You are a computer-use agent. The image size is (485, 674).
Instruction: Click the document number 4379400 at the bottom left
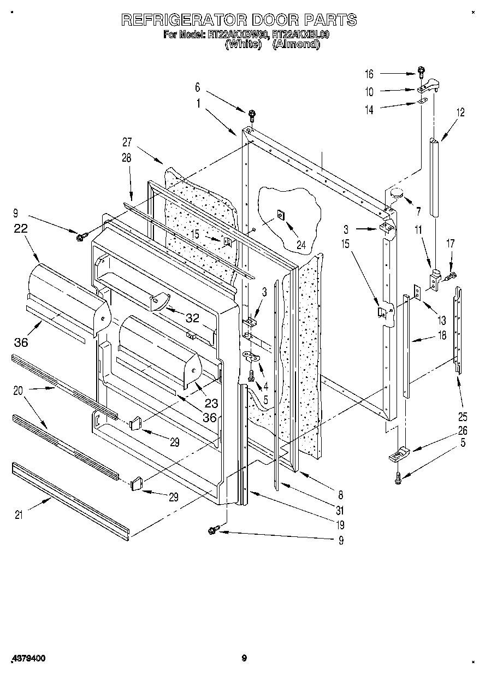[x=27, y=659]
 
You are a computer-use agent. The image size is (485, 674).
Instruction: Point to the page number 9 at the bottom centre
[x=244, y=658]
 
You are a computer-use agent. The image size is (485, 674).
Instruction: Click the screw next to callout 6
[x=252, y=115]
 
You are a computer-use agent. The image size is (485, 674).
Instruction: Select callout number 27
[x=127, y=143]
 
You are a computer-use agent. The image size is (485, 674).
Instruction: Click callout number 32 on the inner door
[x=192, y=318]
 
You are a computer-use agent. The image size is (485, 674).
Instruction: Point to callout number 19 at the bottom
[x=340, y=525]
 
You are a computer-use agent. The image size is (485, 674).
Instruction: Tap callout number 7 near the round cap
[x=418, y=211]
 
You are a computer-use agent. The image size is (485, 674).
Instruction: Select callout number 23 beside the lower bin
[x=211, y=403]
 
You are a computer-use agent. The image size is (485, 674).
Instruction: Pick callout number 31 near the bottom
[x=340, y=511]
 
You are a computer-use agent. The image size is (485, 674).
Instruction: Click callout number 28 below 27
[x=127, y=158]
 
